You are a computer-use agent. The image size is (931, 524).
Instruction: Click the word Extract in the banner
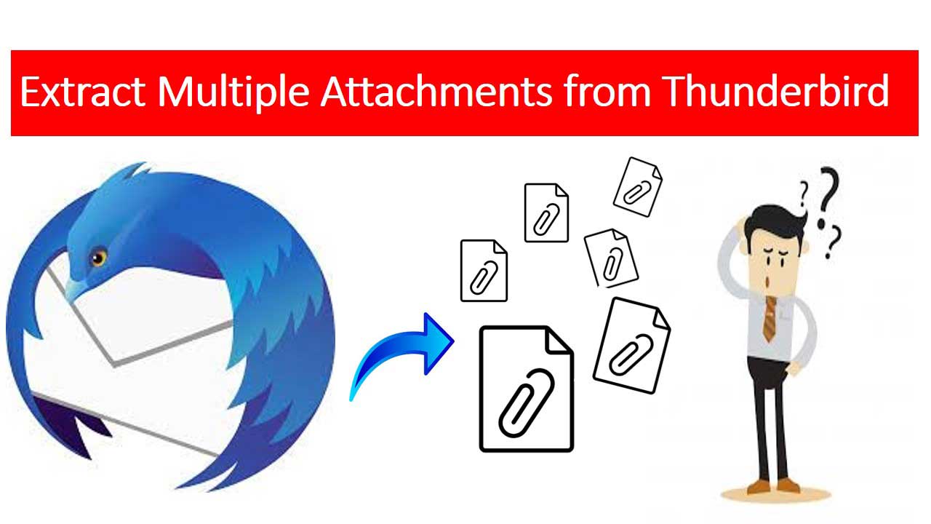[x=83, y=92]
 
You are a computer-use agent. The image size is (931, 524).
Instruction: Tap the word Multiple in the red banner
[x=233, y=93]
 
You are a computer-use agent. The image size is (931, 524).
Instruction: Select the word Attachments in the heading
[x=436, y=92]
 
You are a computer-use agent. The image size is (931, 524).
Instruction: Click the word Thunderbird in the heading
[x=775, y=91]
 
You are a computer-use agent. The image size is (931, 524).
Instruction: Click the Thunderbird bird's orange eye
[x=98, y=258]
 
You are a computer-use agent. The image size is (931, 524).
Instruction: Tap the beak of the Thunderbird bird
[x=75, y=289]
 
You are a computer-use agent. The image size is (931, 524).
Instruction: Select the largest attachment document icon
[x=527, y=389]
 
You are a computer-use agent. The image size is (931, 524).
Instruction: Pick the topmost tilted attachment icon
[x=638, y=187]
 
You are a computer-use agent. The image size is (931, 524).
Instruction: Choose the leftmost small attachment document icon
[x=484, y=270]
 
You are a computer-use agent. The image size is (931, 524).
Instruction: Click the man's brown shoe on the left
[x=758, y=487]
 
